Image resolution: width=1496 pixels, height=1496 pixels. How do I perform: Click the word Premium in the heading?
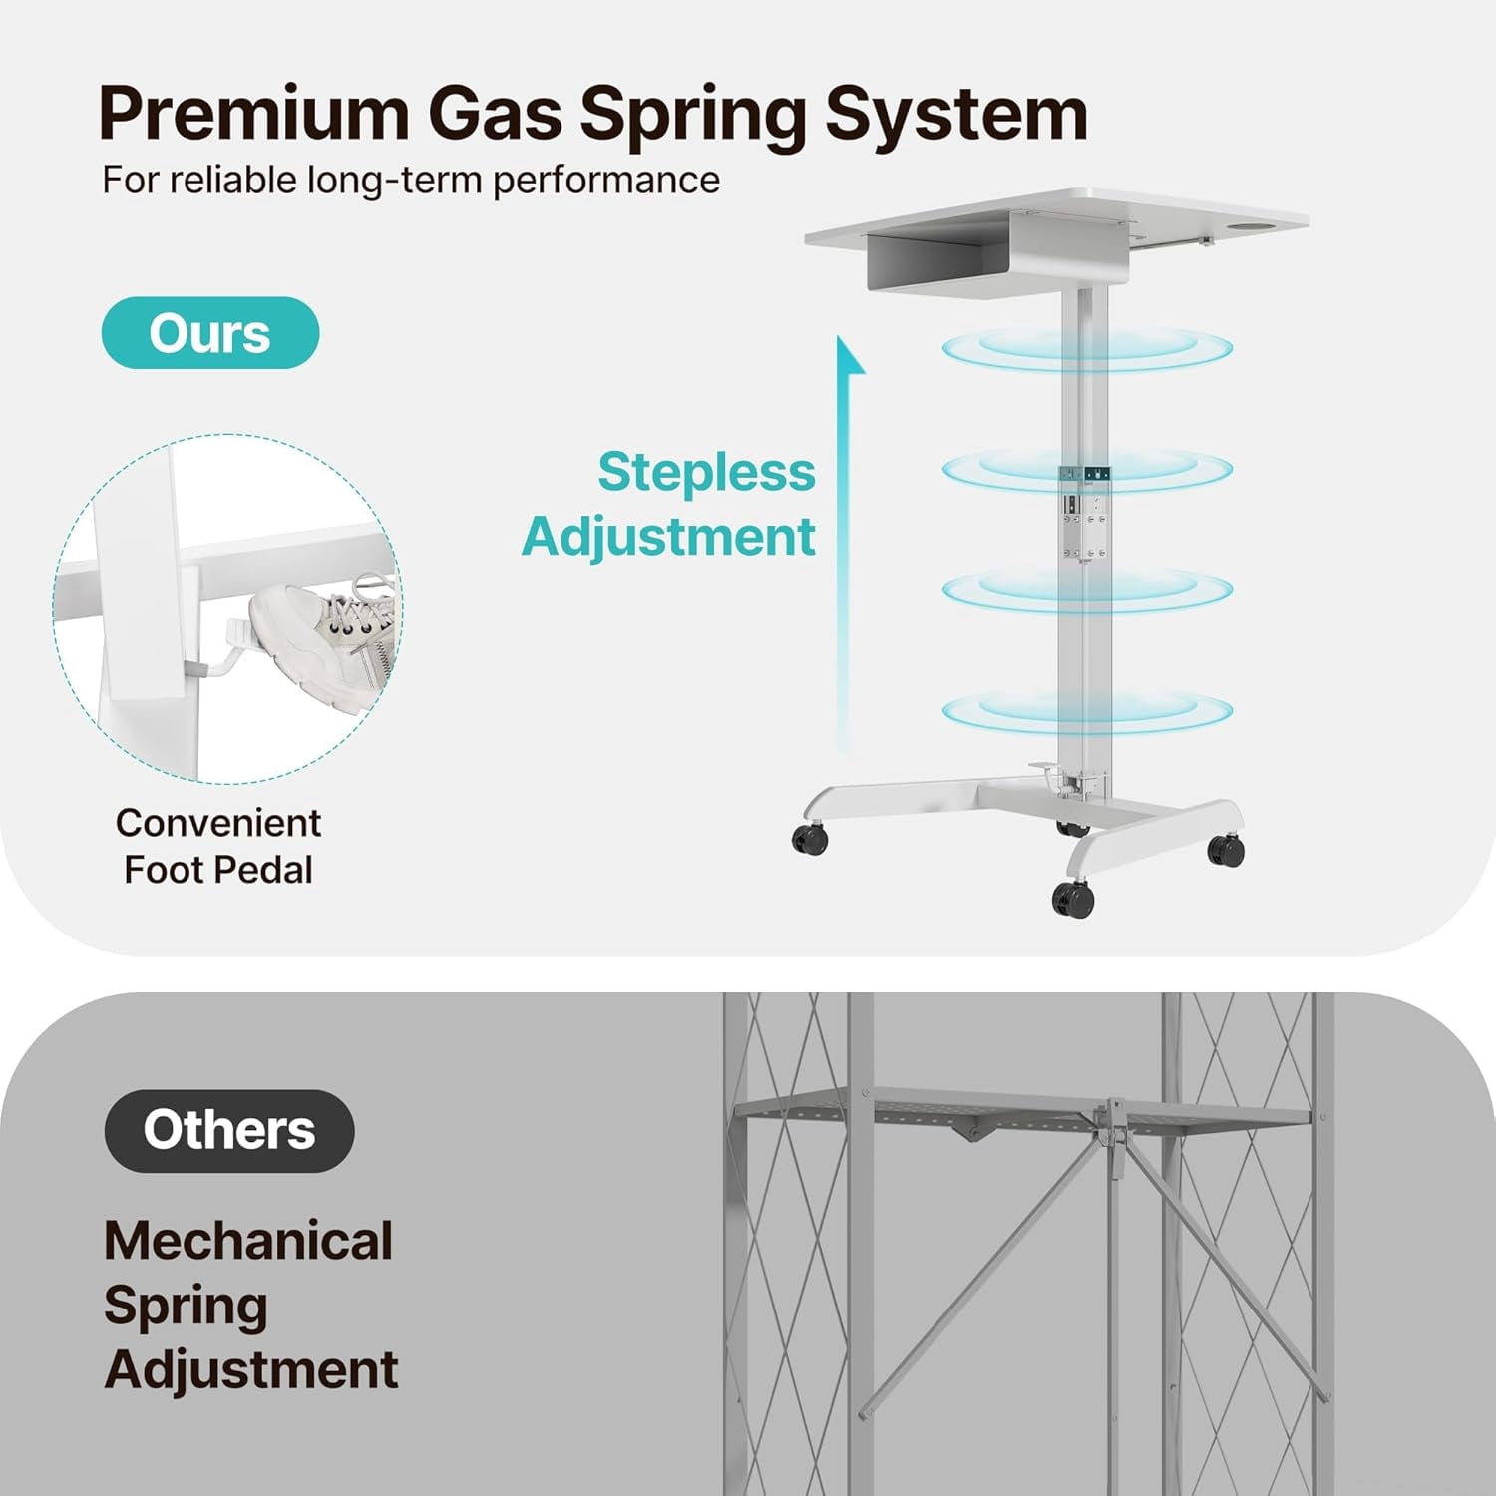[254, 114]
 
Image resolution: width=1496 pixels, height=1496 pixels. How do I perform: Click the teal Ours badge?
[210, 333]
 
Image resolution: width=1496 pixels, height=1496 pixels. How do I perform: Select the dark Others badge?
[229, 1130]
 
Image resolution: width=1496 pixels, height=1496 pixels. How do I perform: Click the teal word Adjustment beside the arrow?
[668, 538]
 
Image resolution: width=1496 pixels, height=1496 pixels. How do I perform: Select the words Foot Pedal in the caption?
[218, 870]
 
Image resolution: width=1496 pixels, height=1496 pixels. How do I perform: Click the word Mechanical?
[248, 1241]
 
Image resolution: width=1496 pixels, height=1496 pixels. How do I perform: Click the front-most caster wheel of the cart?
[1073, 899]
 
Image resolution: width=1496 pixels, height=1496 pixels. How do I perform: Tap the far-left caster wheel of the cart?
[810, 840]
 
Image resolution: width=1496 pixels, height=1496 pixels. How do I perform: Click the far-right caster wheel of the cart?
[1226, 850]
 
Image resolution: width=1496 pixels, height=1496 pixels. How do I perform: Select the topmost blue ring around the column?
[1087, 349]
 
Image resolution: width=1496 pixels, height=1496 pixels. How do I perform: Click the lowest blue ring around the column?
[1087, 711]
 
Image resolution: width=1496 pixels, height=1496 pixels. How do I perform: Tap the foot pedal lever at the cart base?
[1047, 770]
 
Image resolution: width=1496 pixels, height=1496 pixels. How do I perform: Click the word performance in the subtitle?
[606, 181]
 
